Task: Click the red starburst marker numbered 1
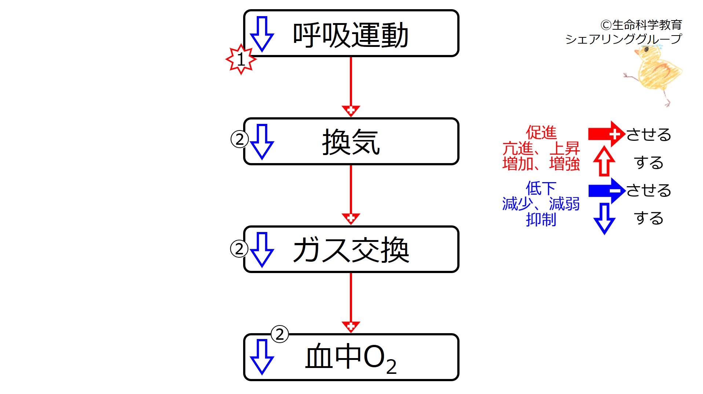(241, 59)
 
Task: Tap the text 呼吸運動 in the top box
(351, 35)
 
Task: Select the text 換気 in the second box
(351, 142)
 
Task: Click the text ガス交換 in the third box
(351, 250)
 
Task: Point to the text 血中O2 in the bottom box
(351, 358)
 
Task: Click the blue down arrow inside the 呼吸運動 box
(262, 34)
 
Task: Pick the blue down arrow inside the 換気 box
(262, 141)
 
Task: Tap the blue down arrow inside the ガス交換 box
(262, 249)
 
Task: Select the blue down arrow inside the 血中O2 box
(262, 357)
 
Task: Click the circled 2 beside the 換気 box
(239, 139)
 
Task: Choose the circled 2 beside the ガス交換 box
(239, 249)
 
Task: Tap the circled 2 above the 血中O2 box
(279, 334)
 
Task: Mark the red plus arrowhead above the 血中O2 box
(351, 326)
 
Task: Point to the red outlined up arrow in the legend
(604, 161)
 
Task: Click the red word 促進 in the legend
(541, 132)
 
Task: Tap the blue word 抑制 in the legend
(541, 220)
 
